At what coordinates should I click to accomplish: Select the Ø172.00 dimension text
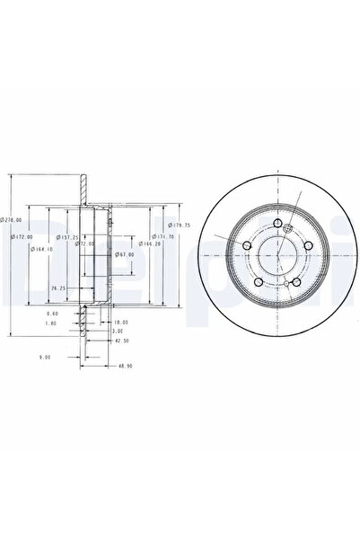pos(22,236)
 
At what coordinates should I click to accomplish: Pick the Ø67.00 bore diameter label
pos(125,254)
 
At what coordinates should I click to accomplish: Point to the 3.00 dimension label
pos(117,331)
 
